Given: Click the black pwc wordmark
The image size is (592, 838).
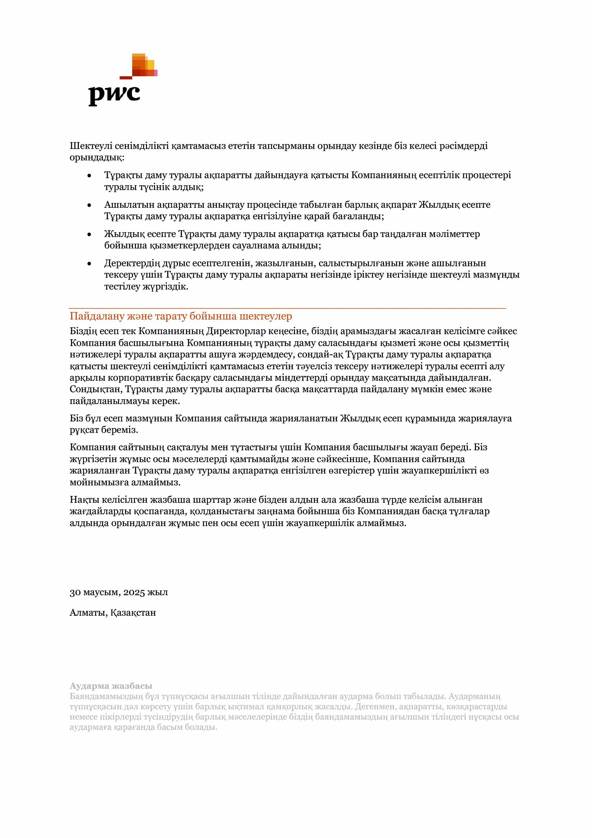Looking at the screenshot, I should tap(114, 95).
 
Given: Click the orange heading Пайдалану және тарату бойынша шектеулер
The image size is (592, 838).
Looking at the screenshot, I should tap(181, 316).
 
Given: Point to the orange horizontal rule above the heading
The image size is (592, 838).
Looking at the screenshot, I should tap(287, 308).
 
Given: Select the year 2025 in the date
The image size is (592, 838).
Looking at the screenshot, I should tap(134, 592).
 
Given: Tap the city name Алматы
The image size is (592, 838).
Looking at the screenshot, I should tap(88, 613).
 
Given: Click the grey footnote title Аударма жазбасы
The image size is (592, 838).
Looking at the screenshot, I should tap(111, 686).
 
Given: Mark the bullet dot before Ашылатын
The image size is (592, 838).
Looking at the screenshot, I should tap(90, 205).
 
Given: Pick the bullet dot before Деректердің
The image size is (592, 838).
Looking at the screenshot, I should tap(90, 263).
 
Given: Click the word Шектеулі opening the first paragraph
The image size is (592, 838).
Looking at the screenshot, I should tap(91, 146).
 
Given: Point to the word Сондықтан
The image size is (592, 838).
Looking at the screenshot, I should tap(96, 389).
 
